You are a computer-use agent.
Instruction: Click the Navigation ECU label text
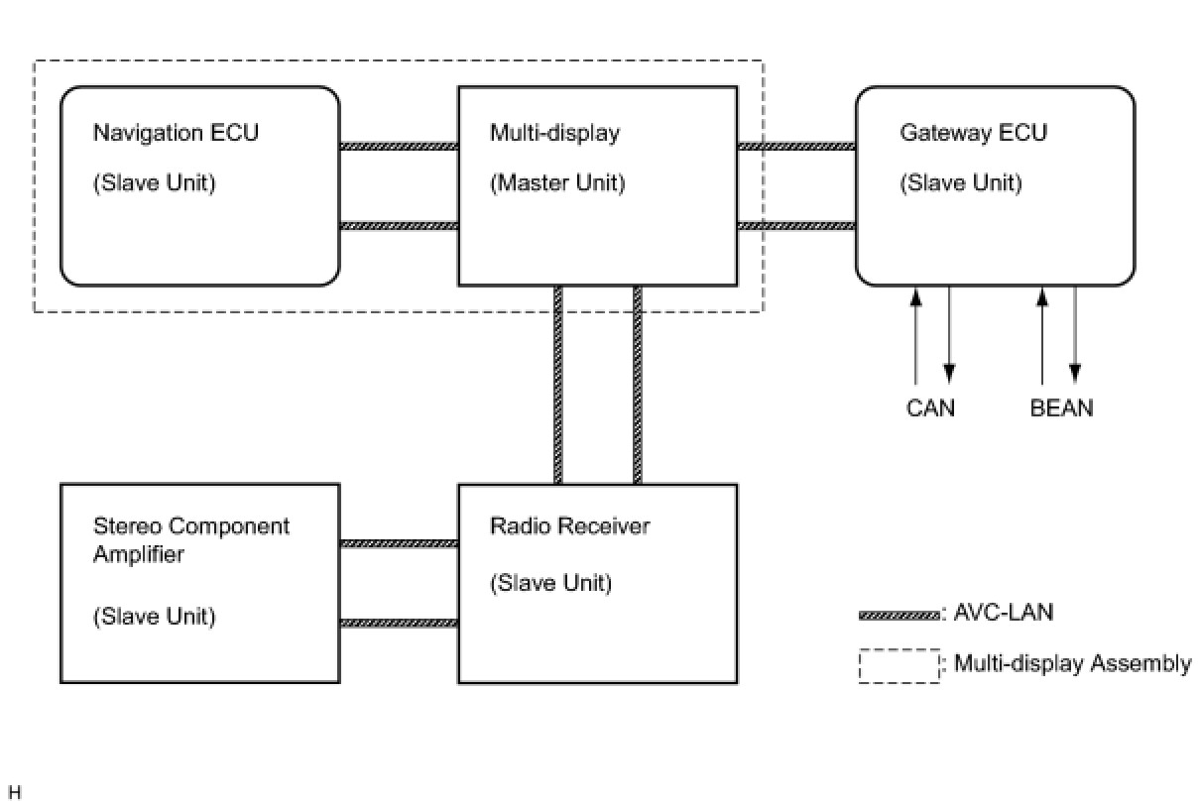click(176, 133)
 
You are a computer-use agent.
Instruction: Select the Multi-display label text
click(554, 133)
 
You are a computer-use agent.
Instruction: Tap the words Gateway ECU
click(974, 133)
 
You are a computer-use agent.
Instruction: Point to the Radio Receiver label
click(569, 525)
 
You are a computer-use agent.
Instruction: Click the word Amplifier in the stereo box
click(138, 554)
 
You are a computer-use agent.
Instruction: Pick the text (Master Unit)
click(557, 183)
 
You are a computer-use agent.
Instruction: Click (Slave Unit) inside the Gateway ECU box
click(961, 183)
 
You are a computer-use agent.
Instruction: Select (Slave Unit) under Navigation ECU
click(155, 183)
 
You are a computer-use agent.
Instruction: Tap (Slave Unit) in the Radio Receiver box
click(550, 583)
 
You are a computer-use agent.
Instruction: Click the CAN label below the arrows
click(930, 408)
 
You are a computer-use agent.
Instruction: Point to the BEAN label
click(1061, 408)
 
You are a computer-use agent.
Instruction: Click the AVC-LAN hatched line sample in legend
click(899, 616)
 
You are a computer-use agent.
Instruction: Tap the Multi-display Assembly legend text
click(1072, 663)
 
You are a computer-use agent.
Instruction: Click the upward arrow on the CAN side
click(916, 336)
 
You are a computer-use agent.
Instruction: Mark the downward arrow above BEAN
click(1075, 335)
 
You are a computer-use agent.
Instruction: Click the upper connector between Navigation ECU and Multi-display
click(399, 146)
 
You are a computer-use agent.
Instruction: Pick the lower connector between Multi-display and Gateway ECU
click(796, 226)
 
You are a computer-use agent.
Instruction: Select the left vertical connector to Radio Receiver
click(557, 385)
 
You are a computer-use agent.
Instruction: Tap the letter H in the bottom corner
click(15, 792)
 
